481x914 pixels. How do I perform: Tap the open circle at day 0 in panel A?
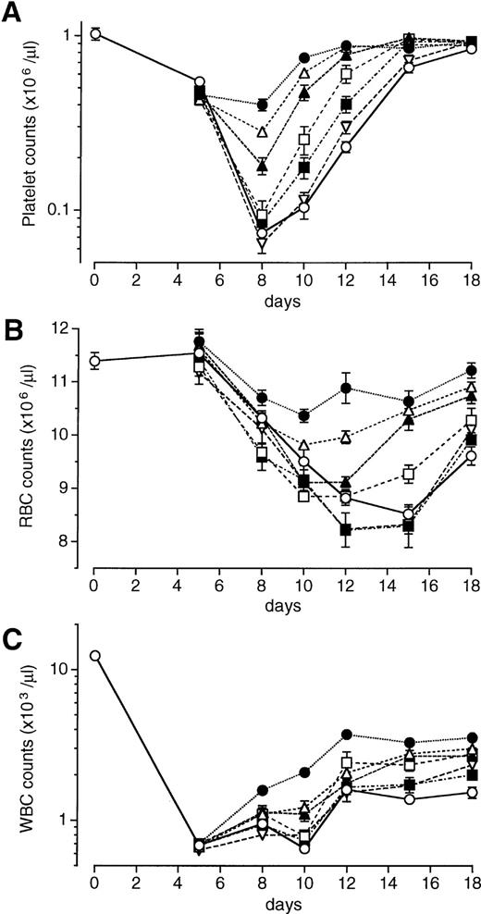[x=94, y=35]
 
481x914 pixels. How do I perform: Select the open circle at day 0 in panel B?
[x=94, y=361]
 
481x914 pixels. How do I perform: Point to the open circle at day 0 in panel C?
[x=94, y=656]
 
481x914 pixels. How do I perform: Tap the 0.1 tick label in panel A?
[x=66, y=211]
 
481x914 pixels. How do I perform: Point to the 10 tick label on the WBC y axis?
[x=69, y=669]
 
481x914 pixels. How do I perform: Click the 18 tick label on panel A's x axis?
[x=471, y=276]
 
